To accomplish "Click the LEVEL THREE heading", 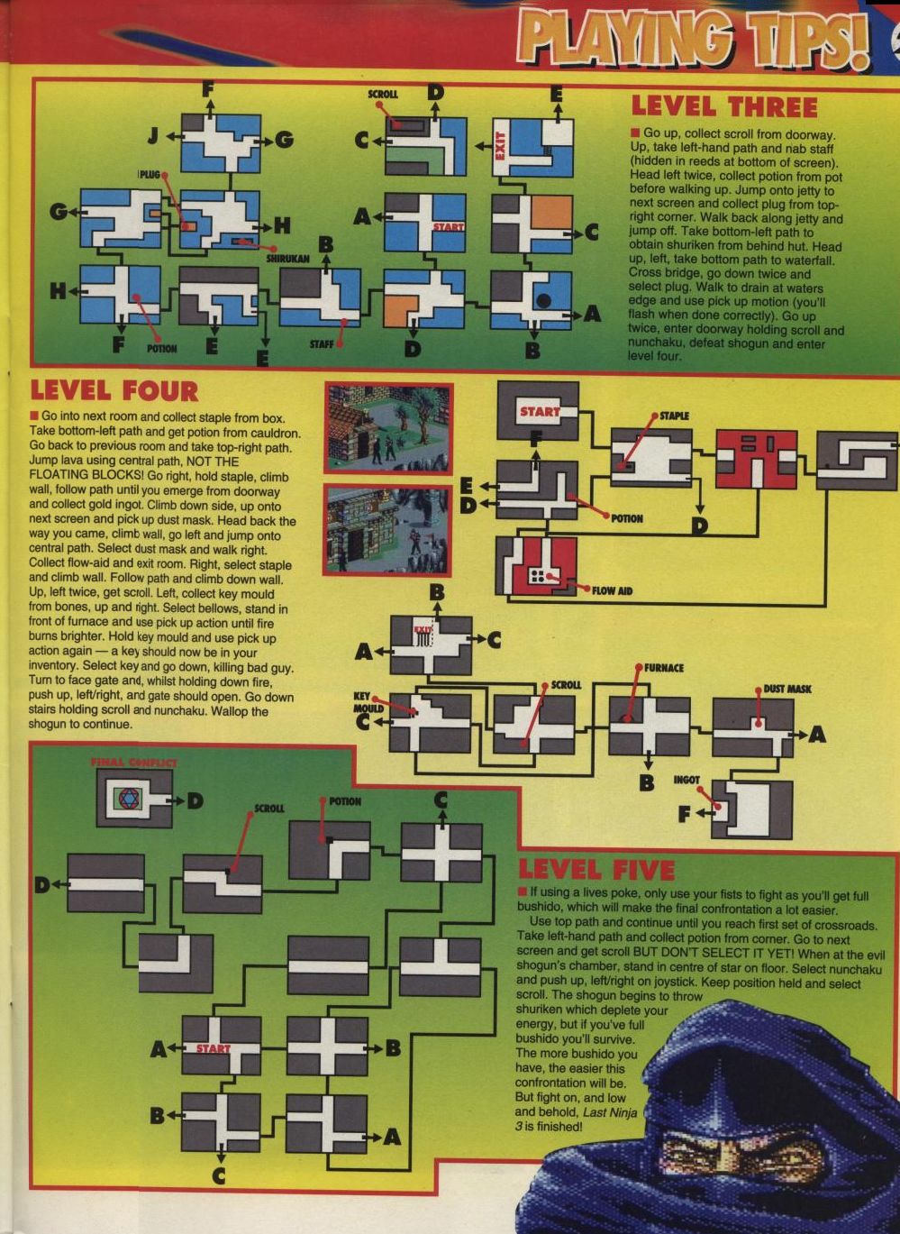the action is [x=724, y=108].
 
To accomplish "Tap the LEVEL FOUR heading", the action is [x=114, y=392].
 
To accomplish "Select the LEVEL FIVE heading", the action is [x=596, y=870].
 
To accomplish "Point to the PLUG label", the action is [x=150, y=175].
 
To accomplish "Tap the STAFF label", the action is [x=321, y=345].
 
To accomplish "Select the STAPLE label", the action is [x=674, y=416].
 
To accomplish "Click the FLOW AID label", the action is [x=612, y=591].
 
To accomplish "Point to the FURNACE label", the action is [x=663, y=668].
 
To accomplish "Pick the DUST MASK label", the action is [x=787, y=690].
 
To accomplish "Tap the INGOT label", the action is [x=686, y=781].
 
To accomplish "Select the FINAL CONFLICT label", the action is [x=133, y=763].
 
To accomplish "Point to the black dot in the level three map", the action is [x=543, y=300].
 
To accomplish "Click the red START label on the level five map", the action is [x=214, y=1048].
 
